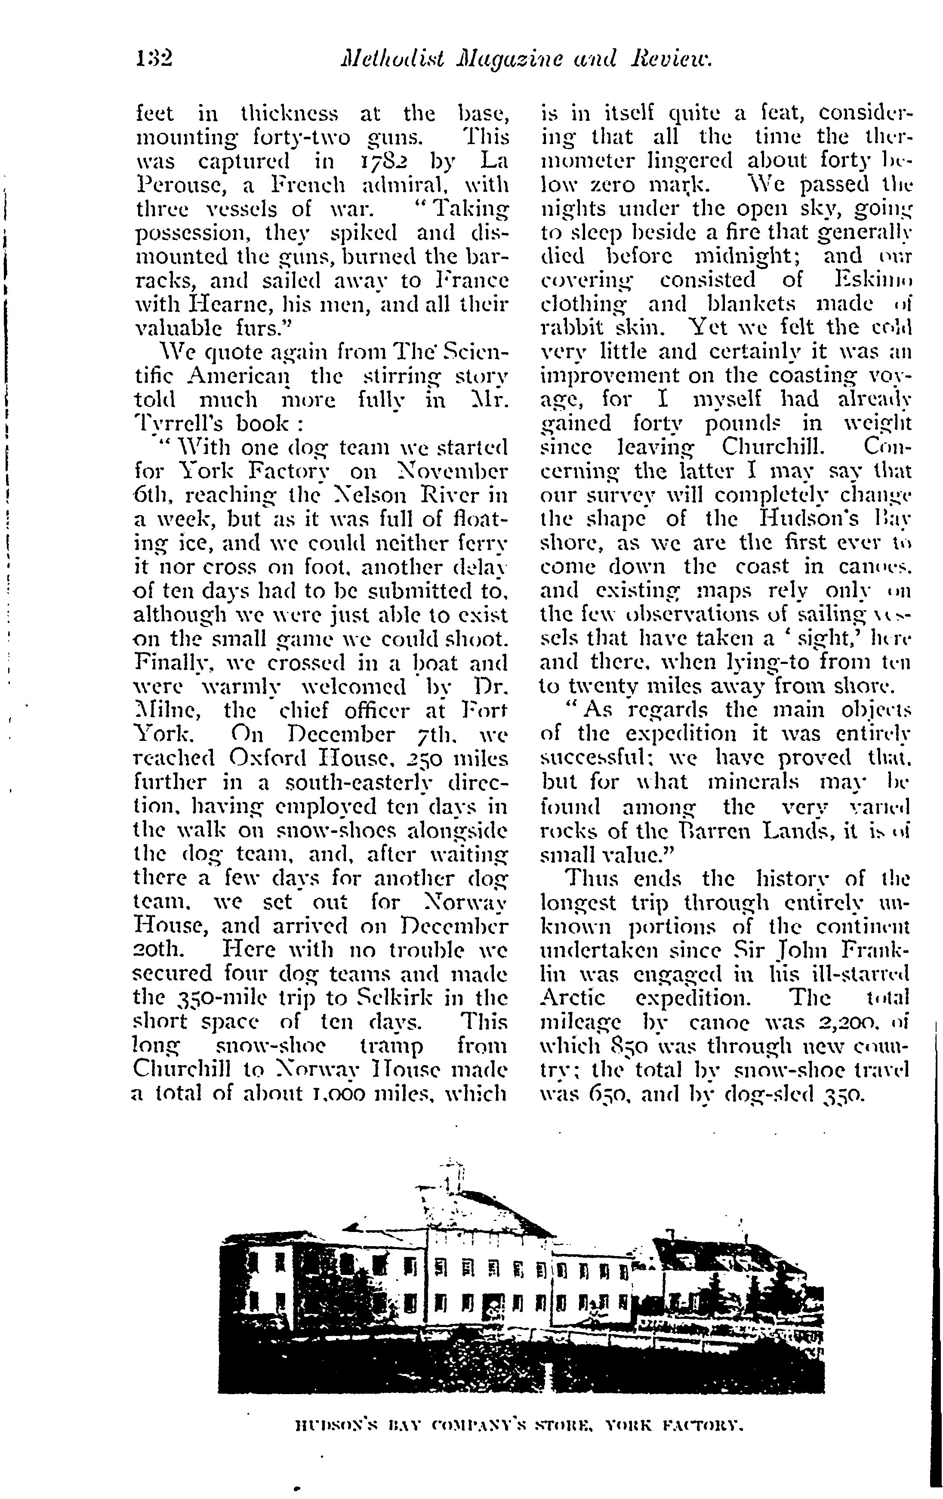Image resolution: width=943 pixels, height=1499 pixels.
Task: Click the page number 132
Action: (153, 59)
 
